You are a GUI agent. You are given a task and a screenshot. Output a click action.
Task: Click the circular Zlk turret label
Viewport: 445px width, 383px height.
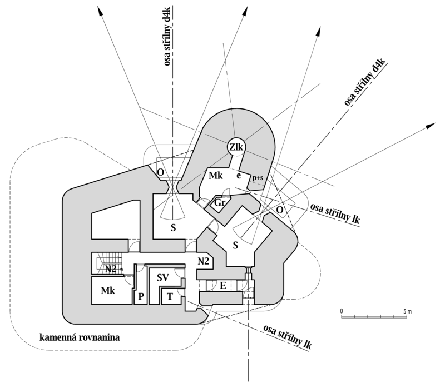(x=235, y=147)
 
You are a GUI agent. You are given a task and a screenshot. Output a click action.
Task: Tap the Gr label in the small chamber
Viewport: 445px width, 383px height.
(x=220, y=203)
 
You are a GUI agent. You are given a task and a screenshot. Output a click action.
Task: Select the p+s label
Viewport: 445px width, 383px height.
(x=256, y=177)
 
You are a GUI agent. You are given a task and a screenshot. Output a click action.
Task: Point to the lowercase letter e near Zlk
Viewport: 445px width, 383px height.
(x=238, y=175)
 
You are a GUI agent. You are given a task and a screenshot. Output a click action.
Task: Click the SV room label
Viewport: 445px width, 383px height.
(x=162, y=277)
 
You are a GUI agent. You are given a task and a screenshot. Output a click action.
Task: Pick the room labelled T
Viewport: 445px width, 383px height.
(x=169, y=297)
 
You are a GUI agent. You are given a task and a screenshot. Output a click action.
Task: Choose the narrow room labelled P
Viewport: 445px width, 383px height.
(x=141, y=296)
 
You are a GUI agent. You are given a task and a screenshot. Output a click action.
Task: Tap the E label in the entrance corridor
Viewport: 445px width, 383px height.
(x=222, y=285)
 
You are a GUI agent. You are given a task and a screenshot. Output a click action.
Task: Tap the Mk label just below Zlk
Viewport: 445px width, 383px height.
(x=215, y=176)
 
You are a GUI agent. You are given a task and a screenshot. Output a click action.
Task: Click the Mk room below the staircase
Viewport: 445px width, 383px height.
(x=108, y=290)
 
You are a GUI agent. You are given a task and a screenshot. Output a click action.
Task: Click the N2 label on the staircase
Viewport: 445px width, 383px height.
(x=111, y=269)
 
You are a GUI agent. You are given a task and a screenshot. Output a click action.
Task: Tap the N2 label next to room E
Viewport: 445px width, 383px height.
(x=203, y=261)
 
